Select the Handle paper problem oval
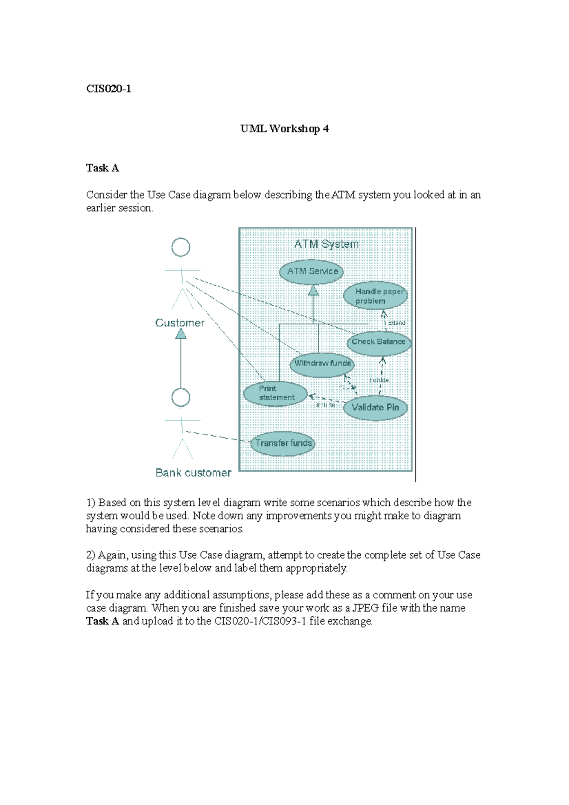click(x=376, y=296)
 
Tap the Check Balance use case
click(x=378, y=342)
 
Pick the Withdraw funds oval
click(x=322, y=364)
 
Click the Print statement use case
click(x=275, y=393)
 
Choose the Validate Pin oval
click(x=375, y=408)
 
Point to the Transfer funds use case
click(x=283, y=443)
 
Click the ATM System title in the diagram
click(x=326, y=244)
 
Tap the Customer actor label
click(x=180, y=323)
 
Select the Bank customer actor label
click(x=193, y=473)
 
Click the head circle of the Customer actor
click(x=181, y=247)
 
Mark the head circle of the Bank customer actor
click(x=181, y=398)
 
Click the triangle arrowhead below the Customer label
click(x=181, y=334)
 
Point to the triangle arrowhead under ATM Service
click(x=313, y=291)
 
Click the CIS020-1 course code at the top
click(x=109, y=89)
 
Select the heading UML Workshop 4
click(x=284, y=128)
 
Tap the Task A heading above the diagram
click(x=102, y=168)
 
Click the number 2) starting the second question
click(x=91, y=555)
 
